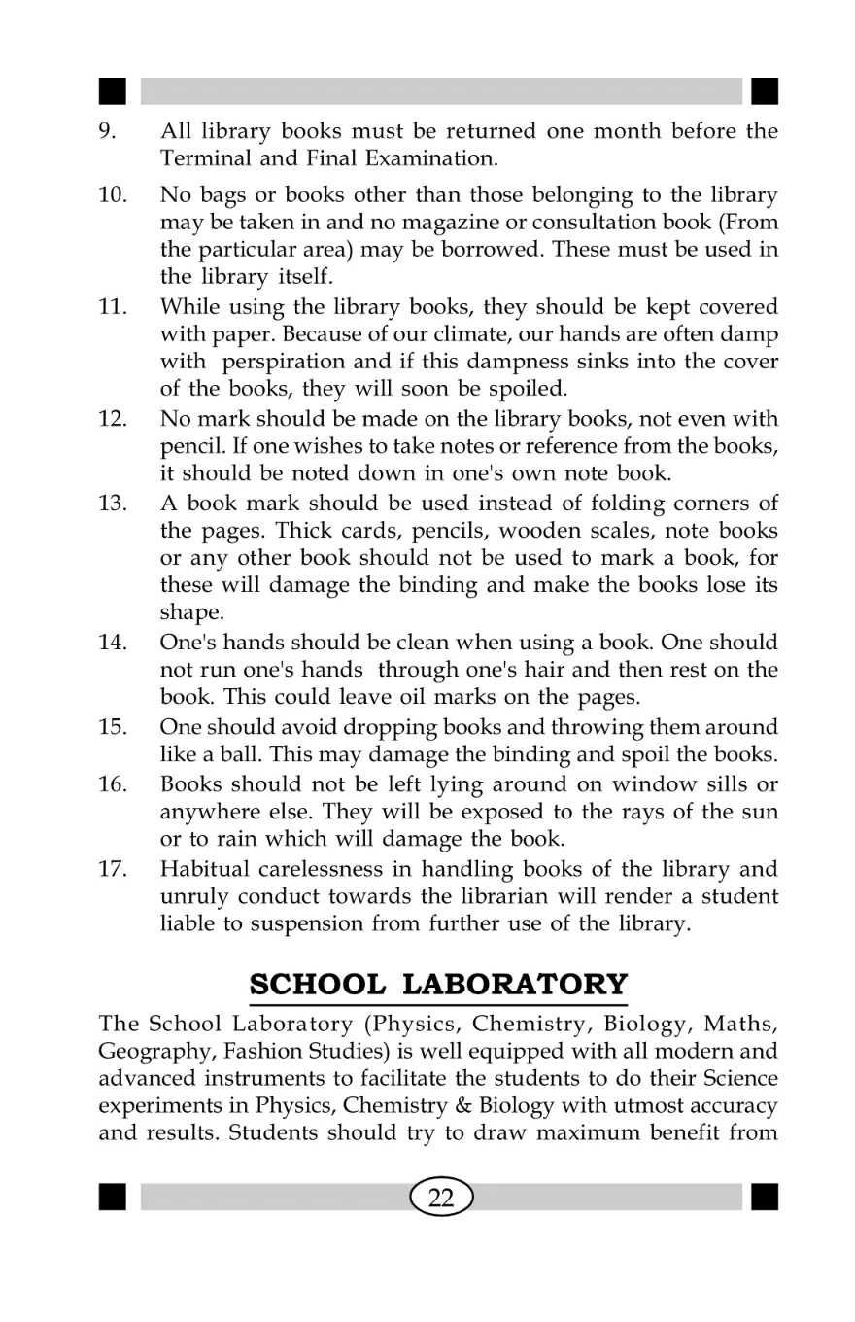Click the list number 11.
[x=114, y=307]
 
